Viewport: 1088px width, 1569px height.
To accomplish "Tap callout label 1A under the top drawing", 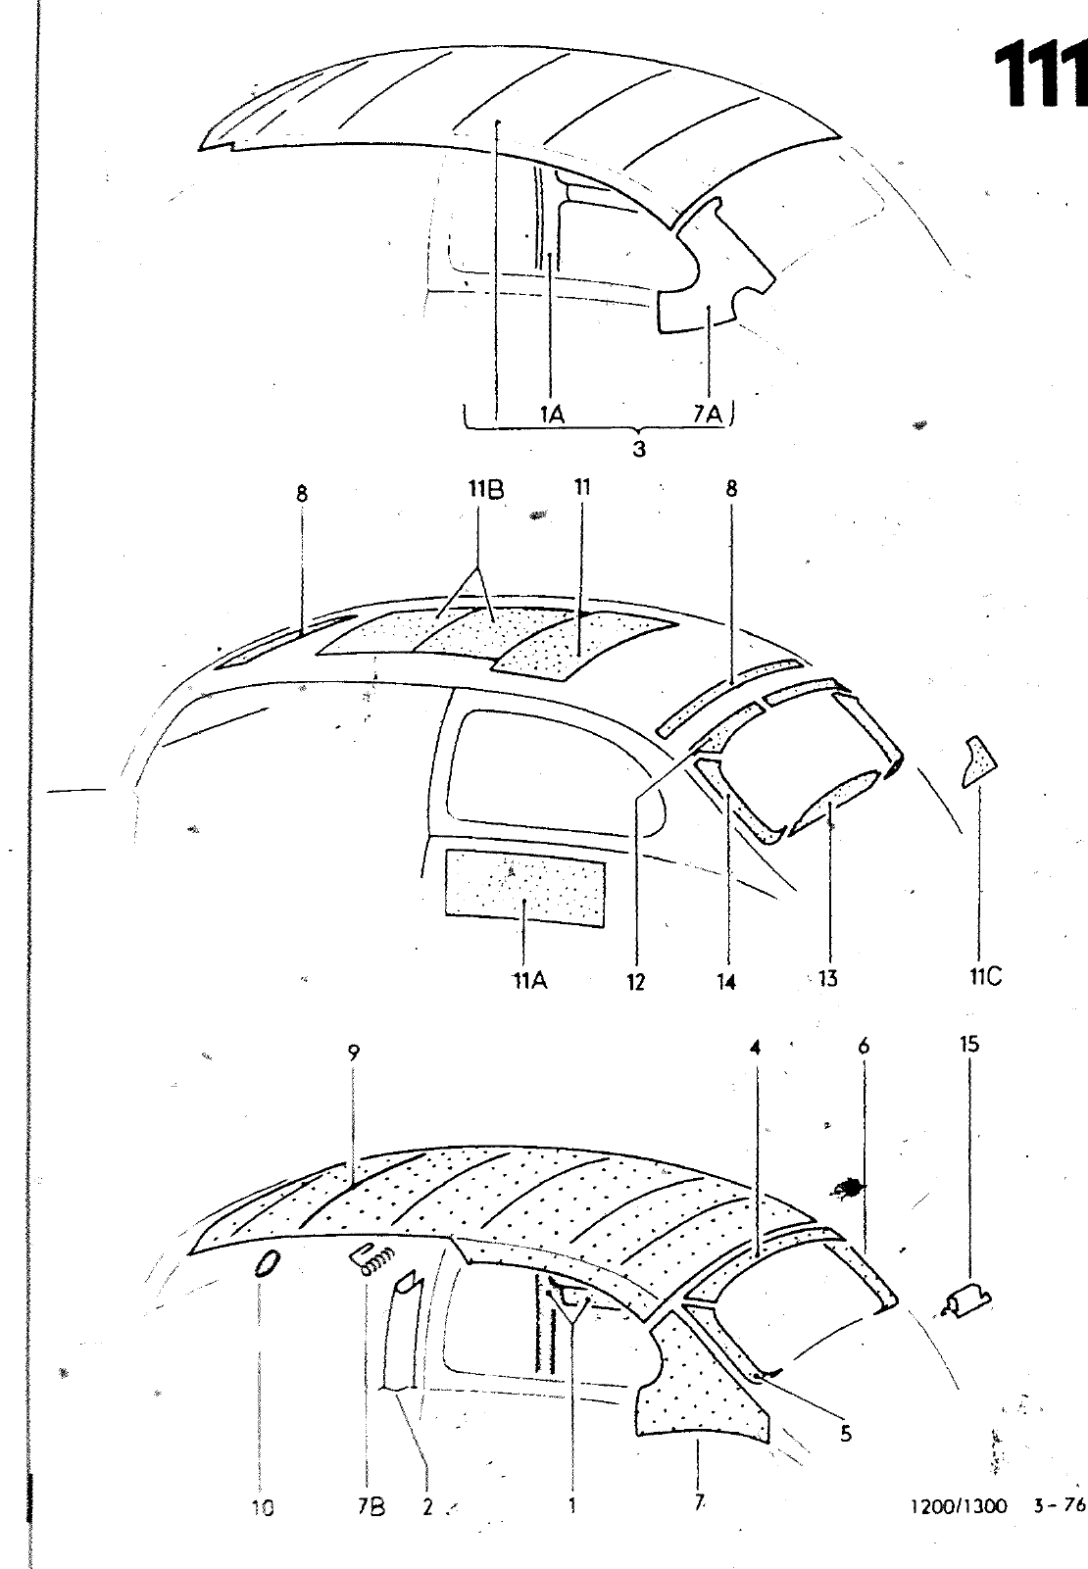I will tap(552, 416).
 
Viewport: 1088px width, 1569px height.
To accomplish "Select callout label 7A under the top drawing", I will tap(707, 416).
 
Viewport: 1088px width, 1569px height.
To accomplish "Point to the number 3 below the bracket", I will tap(638, 450).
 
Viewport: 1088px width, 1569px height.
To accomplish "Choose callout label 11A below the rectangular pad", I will tap(528, 978).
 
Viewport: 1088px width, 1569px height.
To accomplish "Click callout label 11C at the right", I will tap(980, 976).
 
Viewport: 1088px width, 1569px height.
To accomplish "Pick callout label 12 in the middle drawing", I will tap(636, 981).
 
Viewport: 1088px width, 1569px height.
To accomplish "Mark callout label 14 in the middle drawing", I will tap(726, 981).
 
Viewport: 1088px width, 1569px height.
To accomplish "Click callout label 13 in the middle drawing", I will tap(828, 977).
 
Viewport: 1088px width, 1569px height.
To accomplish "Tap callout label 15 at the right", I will tap(968, 1045).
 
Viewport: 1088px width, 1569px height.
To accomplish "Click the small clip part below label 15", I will tap(966, 1301).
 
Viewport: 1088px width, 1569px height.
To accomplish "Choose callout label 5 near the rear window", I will tap(845, 1434).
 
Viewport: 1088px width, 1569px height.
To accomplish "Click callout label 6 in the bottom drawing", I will tap(863, 1046).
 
